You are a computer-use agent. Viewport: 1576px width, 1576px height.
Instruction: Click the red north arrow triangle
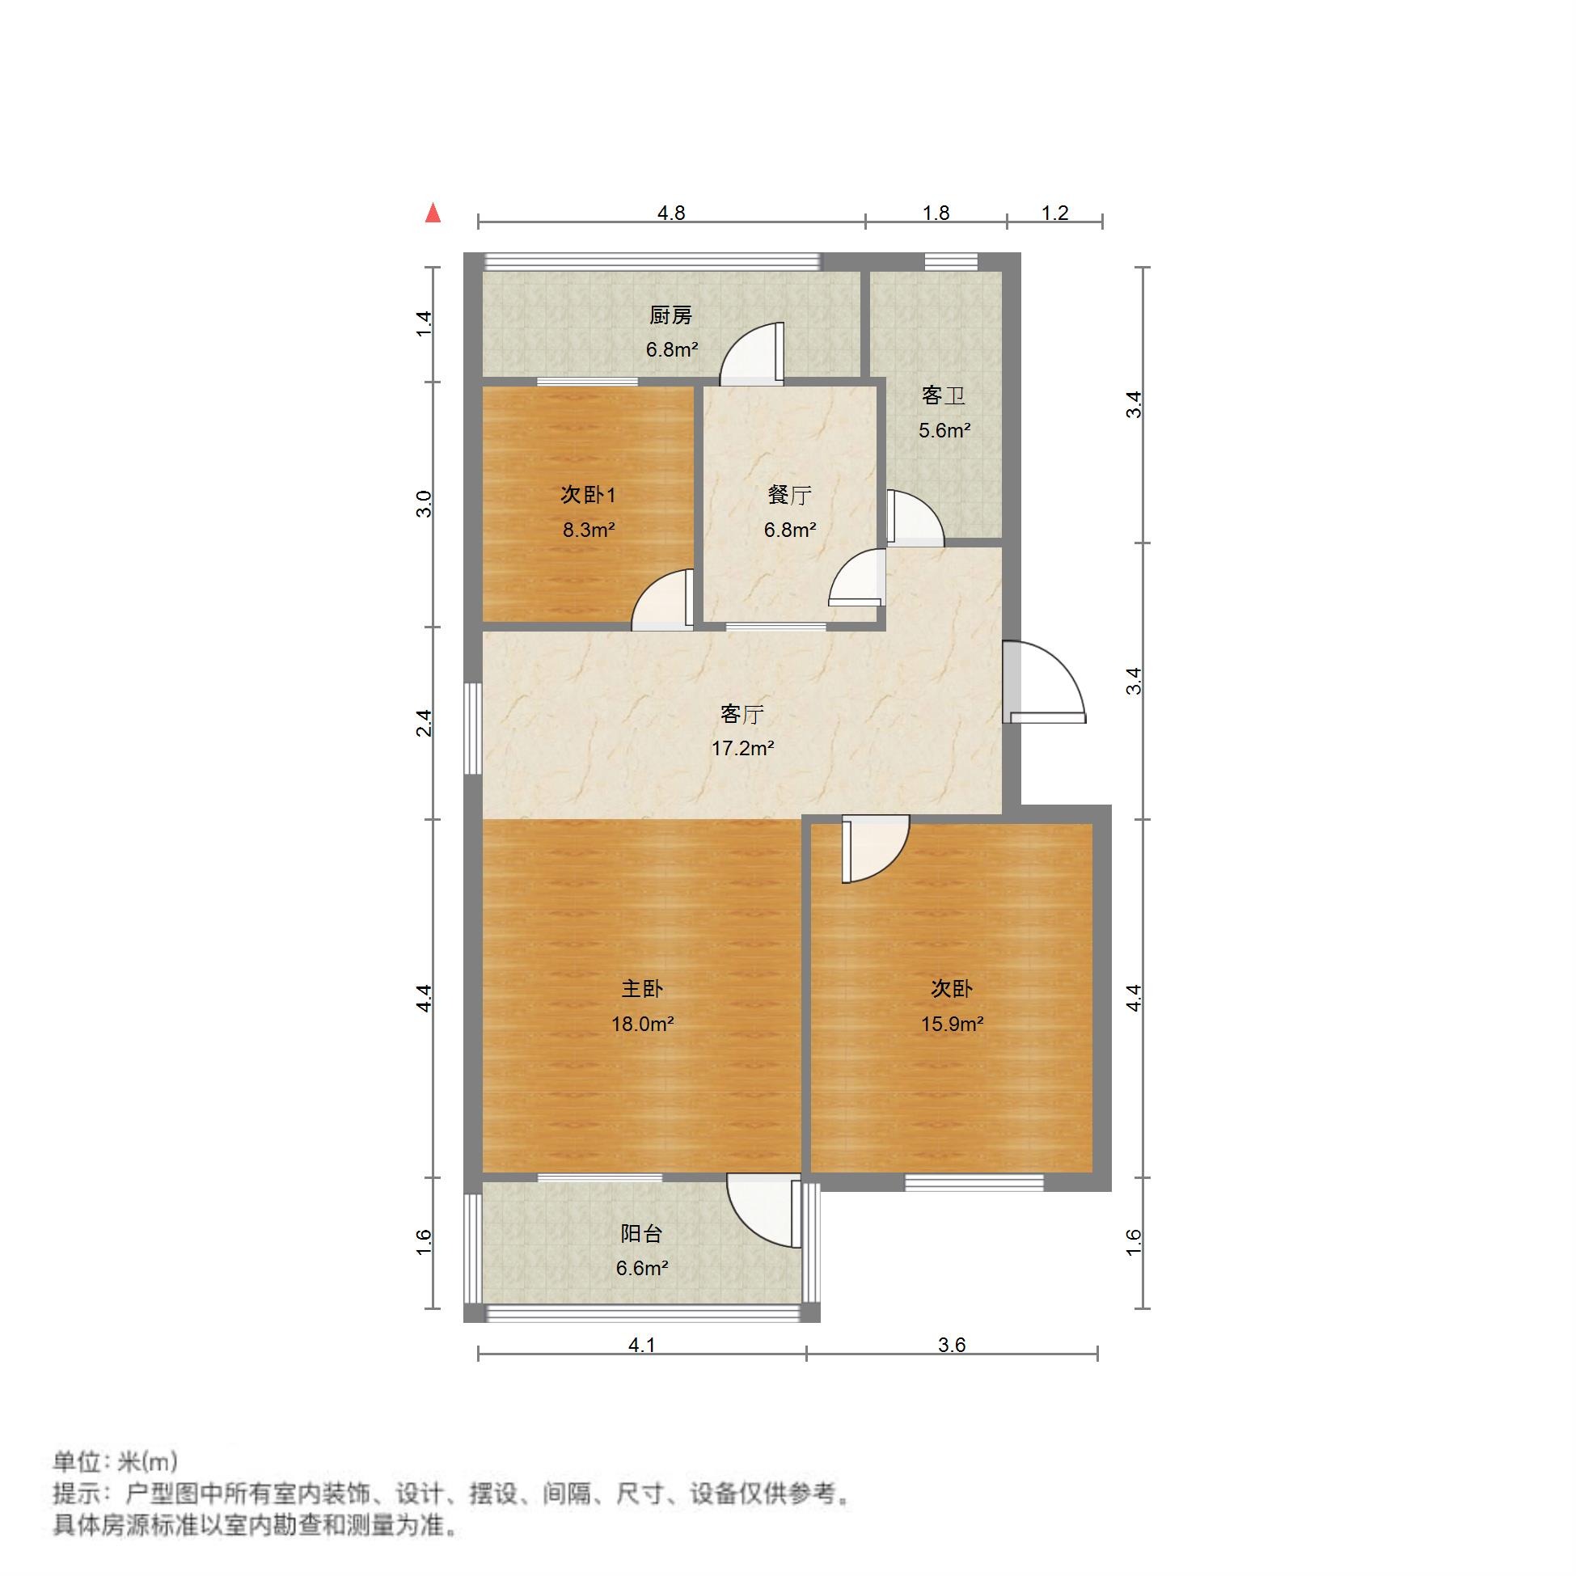point(433,213)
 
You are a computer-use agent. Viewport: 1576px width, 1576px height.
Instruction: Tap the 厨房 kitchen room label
point(670,315)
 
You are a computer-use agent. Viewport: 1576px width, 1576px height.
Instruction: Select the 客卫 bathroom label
point(943,395)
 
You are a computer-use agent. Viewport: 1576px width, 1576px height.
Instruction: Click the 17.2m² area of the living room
point(742,748)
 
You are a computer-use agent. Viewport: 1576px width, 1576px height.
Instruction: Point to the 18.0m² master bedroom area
point(642,1024)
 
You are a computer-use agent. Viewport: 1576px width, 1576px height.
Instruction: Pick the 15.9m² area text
point(952,1024)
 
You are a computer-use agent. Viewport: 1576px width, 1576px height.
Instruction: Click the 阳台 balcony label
point(641,1233)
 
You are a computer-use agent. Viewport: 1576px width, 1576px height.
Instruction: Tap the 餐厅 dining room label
point(789,495)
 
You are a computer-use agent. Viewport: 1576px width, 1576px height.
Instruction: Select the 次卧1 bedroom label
point(588,495)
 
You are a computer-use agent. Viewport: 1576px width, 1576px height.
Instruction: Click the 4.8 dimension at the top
point(671,213)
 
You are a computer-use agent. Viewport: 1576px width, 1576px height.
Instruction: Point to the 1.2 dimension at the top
point(1054,213)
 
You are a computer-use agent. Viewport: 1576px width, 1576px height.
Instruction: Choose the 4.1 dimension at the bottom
point(642,1346)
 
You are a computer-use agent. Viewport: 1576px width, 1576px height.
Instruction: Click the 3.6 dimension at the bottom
point(952,1346)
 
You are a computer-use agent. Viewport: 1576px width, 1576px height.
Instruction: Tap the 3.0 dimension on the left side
point(424,503)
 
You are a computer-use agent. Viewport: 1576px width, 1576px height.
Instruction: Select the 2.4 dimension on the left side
point(424,724)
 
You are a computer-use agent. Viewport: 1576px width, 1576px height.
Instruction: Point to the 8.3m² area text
point(588,530)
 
